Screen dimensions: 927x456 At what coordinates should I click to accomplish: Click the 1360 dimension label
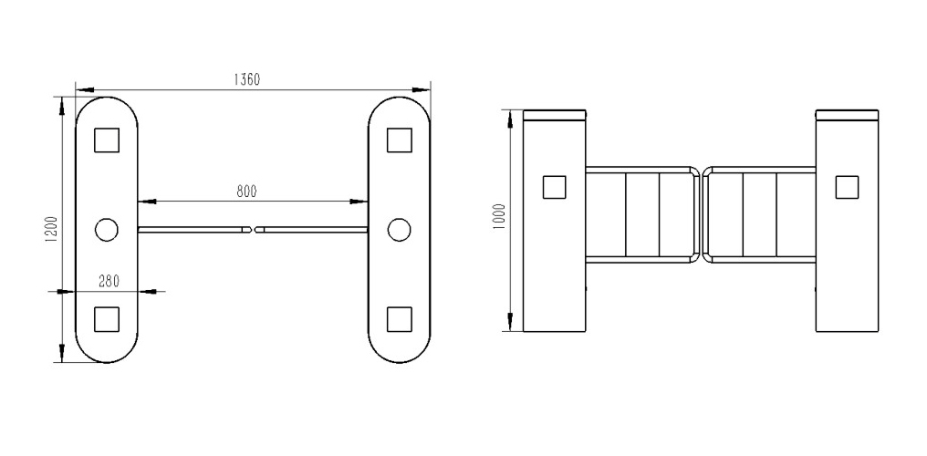pos(246,79)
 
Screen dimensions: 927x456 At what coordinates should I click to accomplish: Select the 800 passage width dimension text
pos(247,192)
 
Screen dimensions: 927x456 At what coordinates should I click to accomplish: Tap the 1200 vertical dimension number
pos(51,229)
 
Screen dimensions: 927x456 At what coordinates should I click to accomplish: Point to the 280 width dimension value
pos(109,281)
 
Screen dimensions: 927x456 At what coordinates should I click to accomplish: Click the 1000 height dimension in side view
pos(500,217)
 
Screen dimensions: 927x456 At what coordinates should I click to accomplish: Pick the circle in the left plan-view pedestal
pos(107,230)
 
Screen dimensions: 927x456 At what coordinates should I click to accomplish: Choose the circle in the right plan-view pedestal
pos(399,230)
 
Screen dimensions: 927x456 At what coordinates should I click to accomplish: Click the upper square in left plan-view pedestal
pos(107,140)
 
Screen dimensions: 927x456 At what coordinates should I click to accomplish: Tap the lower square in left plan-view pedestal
pos(107,319)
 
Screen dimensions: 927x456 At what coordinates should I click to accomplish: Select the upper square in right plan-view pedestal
pos(399,140)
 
